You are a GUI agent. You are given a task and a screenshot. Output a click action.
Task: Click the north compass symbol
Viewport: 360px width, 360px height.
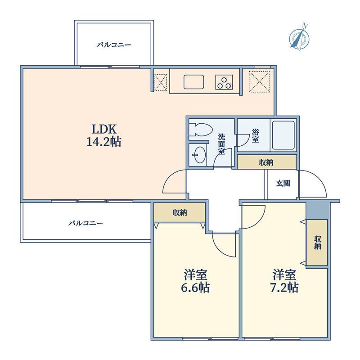299,38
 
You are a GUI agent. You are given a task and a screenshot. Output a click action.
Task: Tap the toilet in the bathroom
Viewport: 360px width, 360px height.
201,130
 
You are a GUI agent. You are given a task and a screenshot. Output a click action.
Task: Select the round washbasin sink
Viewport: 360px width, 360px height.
199,155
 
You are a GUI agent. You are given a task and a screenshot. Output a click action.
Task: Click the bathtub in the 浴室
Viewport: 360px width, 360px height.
283,135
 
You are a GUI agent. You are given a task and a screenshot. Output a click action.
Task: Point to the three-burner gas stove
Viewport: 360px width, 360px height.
224,82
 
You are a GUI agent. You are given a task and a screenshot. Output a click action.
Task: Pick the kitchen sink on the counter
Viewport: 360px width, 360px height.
194,82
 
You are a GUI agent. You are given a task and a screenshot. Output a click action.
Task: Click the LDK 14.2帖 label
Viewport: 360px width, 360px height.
104,135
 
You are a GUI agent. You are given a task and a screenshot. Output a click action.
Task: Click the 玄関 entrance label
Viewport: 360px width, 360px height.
283,183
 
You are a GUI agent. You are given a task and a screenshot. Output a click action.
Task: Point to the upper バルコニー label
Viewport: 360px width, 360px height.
114,45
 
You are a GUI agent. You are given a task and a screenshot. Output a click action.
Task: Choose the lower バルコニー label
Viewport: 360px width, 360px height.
85,223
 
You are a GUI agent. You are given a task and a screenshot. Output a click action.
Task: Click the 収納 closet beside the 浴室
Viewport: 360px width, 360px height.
267,162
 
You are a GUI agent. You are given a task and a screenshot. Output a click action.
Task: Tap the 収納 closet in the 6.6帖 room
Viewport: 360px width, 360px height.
180,212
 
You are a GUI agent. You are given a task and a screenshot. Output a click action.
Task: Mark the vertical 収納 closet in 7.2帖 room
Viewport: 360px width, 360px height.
317,243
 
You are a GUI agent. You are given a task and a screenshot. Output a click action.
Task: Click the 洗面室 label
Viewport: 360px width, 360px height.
221,144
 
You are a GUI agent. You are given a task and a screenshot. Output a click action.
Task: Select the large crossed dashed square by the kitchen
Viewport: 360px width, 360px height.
260,82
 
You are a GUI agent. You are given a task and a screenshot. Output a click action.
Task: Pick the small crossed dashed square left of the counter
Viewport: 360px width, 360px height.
161,82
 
